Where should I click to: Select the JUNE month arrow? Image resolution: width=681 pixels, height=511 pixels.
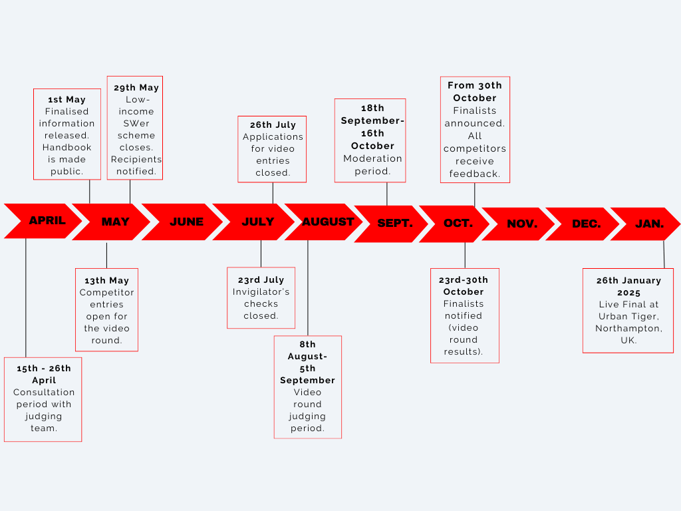point(186,222)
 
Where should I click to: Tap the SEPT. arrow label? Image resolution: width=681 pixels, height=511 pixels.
point(394,224)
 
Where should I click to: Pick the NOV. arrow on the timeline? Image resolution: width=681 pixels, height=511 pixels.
point(522,224)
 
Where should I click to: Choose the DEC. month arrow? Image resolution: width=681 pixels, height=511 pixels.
point(586,224)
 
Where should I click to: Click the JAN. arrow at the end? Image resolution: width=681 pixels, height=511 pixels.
point(649,224)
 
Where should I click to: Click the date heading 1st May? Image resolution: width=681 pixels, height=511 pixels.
point(67,100)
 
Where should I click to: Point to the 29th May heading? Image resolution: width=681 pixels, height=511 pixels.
point(136,88)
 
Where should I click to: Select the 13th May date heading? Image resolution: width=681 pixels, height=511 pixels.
point(106,281)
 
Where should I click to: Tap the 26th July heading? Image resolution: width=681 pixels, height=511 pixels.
point(273,125)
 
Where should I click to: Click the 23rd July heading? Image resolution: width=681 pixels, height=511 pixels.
point(261,280)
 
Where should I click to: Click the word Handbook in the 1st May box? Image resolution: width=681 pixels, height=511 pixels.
point(67,148)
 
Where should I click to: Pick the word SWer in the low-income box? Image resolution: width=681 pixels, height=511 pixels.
point(136,124)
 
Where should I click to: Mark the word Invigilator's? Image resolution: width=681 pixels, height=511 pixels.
point(261,292)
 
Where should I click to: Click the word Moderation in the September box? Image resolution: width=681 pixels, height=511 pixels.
point(372,159)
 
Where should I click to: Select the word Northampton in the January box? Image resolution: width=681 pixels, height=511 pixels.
point(628,329)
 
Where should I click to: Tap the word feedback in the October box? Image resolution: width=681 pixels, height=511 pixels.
point(474,174)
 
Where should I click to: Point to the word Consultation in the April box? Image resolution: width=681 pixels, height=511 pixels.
point(44,393)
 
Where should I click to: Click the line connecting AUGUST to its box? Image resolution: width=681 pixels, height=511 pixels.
point(307,286)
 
